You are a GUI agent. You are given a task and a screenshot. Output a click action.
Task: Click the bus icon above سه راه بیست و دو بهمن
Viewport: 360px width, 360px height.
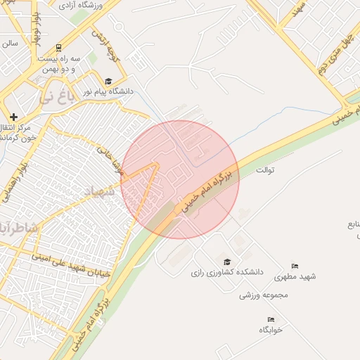pos(58,49)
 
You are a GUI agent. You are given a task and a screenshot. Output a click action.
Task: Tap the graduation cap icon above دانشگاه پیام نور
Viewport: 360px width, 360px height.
pos(108,82)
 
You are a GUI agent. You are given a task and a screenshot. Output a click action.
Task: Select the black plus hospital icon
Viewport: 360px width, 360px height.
pos(14,116)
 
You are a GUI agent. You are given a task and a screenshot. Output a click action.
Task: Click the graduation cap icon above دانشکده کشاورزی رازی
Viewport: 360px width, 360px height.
pos(226,262)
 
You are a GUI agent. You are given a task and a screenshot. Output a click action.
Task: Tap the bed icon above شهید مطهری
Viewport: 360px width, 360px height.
pos(295,266)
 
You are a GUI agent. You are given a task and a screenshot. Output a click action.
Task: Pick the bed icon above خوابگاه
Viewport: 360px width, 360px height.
pos(271,320)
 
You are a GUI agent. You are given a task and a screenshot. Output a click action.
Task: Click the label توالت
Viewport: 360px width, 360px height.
pos(264,170)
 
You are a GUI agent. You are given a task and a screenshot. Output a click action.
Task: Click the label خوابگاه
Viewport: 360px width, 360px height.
pos(270,330)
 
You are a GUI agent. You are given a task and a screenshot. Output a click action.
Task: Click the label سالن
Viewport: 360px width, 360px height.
pos(10,43)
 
